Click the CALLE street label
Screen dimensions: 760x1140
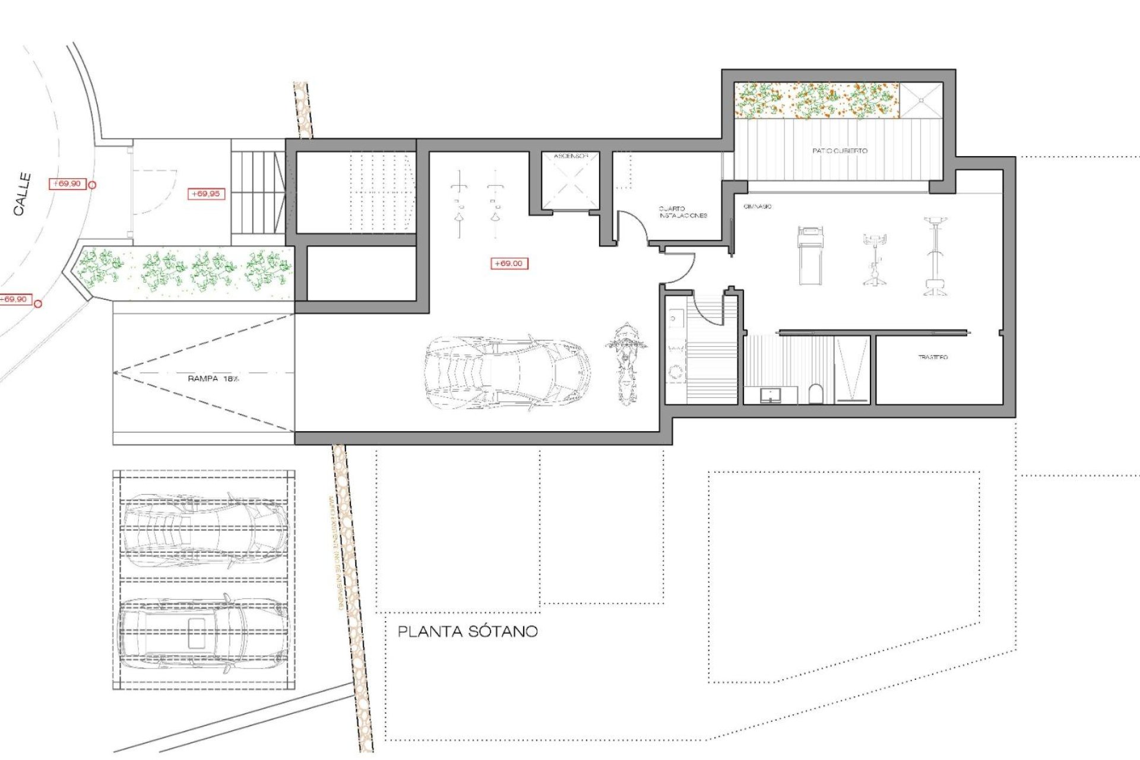point(22,194)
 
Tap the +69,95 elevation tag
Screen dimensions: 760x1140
point(205,194)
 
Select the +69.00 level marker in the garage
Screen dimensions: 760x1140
point(509,264)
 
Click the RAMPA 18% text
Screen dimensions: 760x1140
point(213,379)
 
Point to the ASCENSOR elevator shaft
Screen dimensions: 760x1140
point(570,181)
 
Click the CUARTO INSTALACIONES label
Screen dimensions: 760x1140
point(683,213)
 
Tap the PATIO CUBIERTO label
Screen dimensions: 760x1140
point(840,151)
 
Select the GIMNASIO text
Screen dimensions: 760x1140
point(758,207)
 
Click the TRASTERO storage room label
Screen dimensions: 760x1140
point(933,357)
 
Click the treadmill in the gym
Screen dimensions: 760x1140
point(810,255)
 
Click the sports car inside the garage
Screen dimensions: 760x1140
point(508,373)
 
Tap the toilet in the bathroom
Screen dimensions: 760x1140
point(816,394)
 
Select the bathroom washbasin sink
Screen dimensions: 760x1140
point(771,394)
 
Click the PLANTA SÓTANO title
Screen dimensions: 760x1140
point(467,632)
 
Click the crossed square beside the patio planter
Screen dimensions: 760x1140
point(921,100)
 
